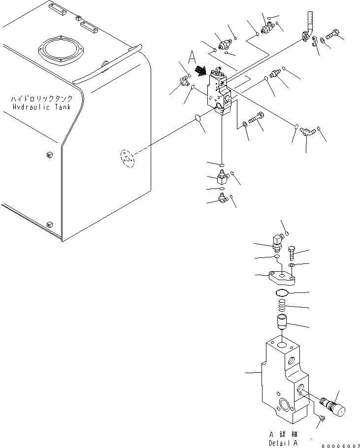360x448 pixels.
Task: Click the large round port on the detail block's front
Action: (x=285, y=405)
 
